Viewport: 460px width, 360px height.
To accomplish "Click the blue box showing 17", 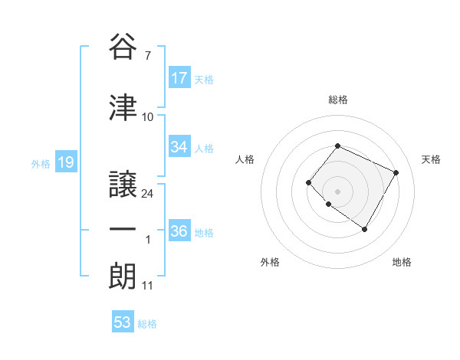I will tap(179, 78).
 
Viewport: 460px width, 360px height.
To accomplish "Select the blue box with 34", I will tap(179, 147).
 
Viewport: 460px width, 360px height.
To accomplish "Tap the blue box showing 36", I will tap(179, 231).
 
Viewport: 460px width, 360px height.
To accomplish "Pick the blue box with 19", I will tap(65, 162).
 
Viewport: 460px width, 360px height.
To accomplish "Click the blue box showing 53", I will tap(123, 322).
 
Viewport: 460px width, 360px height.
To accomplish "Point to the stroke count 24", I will tap(148, 193).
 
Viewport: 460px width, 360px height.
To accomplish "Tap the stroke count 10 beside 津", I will tap(148, 117).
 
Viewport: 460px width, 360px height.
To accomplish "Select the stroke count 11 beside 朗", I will tap(148, 286).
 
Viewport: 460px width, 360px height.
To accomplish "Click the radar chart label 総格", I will tap(337, 100).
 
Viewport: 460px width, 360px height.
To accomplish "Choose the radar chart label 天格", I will tap(431, 159).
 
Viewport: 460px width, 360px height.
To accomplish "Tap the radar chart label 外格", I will tap(270, 262).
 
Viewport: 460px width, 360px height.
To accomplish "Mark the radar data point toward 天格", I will tap(396, 172).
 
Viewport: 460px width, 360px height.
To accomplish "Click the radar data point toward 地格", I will tap(364, 229).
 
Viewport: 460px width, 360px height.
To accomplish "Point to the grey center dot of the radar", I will tap(337, 191).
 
